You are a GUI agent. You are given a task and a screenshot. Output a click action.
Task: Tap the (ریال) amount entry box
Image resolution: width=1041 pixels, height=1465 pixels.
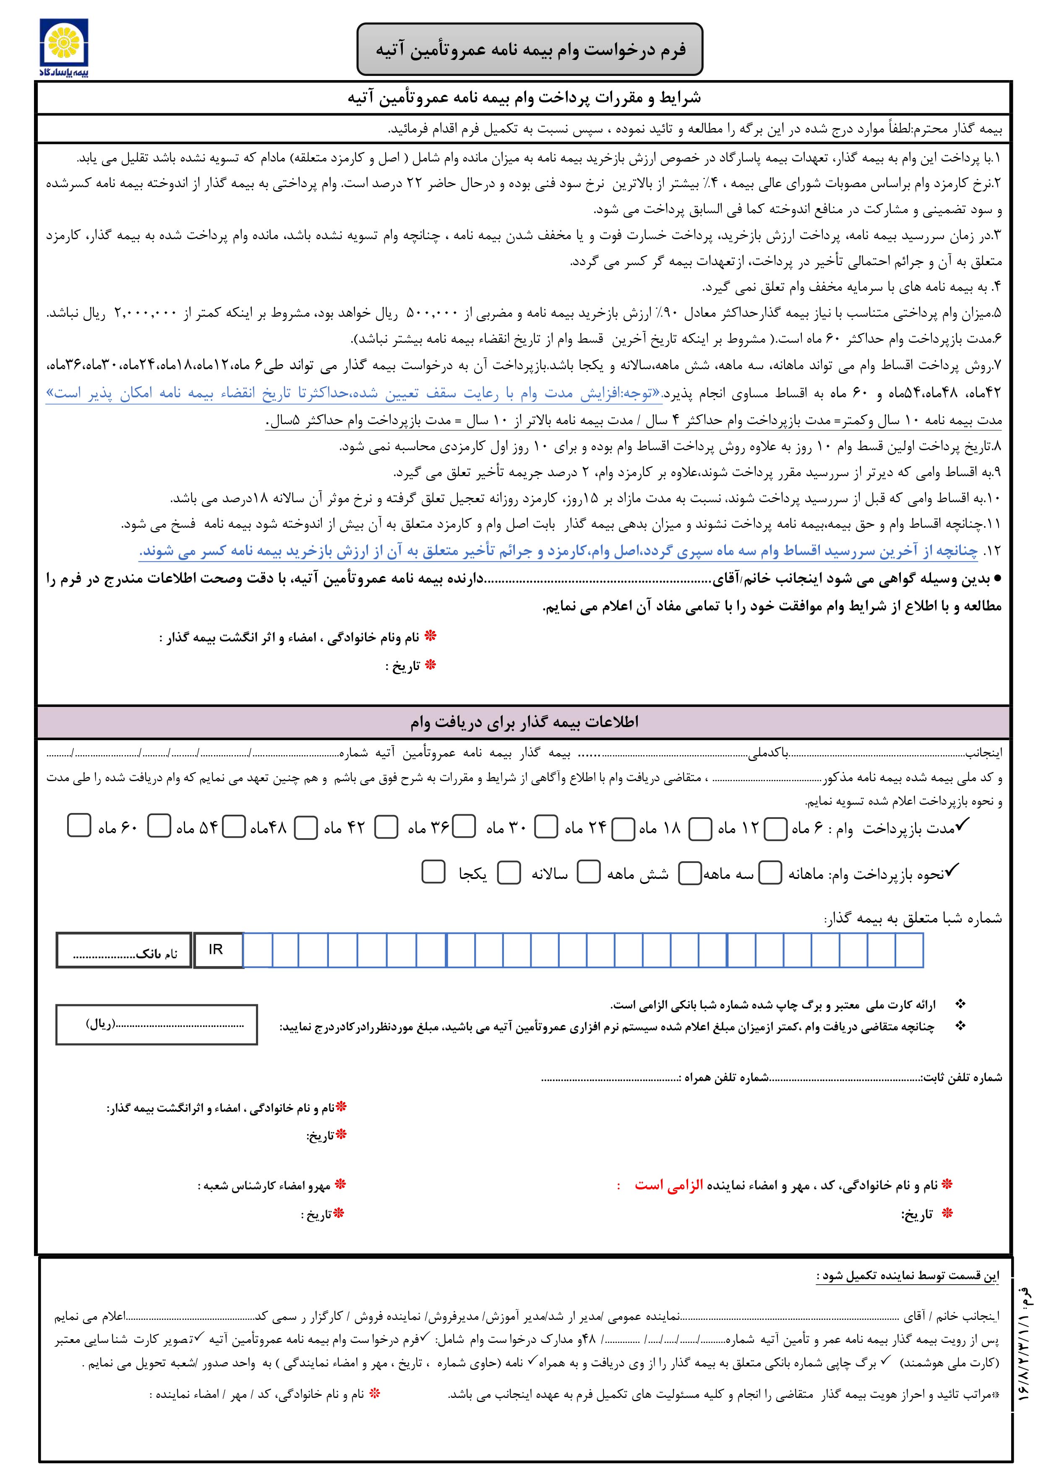(x=157, y=1025)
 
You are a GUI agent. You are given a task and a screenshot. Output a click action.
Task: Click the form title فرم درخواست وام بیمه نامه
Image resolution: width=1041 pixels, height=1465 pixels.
(x=530, y=50)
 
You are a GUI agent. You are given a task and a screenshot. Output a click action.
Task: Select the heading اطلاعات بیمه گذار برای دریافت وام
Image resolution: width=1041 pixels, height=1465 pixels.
(x=524, y=722)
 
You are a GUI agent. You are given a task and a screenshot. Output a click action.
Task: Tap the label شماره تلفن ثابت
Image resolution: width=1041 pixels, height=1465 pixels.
(x=962, y=1078)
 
